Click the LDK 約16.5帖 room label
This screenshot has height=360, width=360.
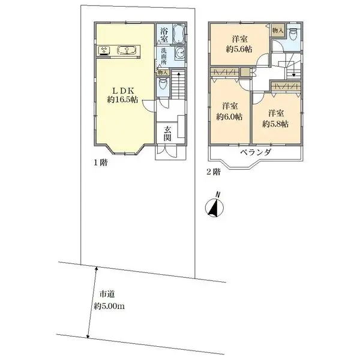(x=123, y=94)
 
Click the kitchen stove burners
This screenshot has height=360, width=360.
(x=103, y=51)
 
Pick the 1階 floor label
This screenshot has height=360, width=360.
(x=100, y=162)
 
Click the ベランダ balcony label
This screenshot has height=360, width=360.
(x=256, y=153)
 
